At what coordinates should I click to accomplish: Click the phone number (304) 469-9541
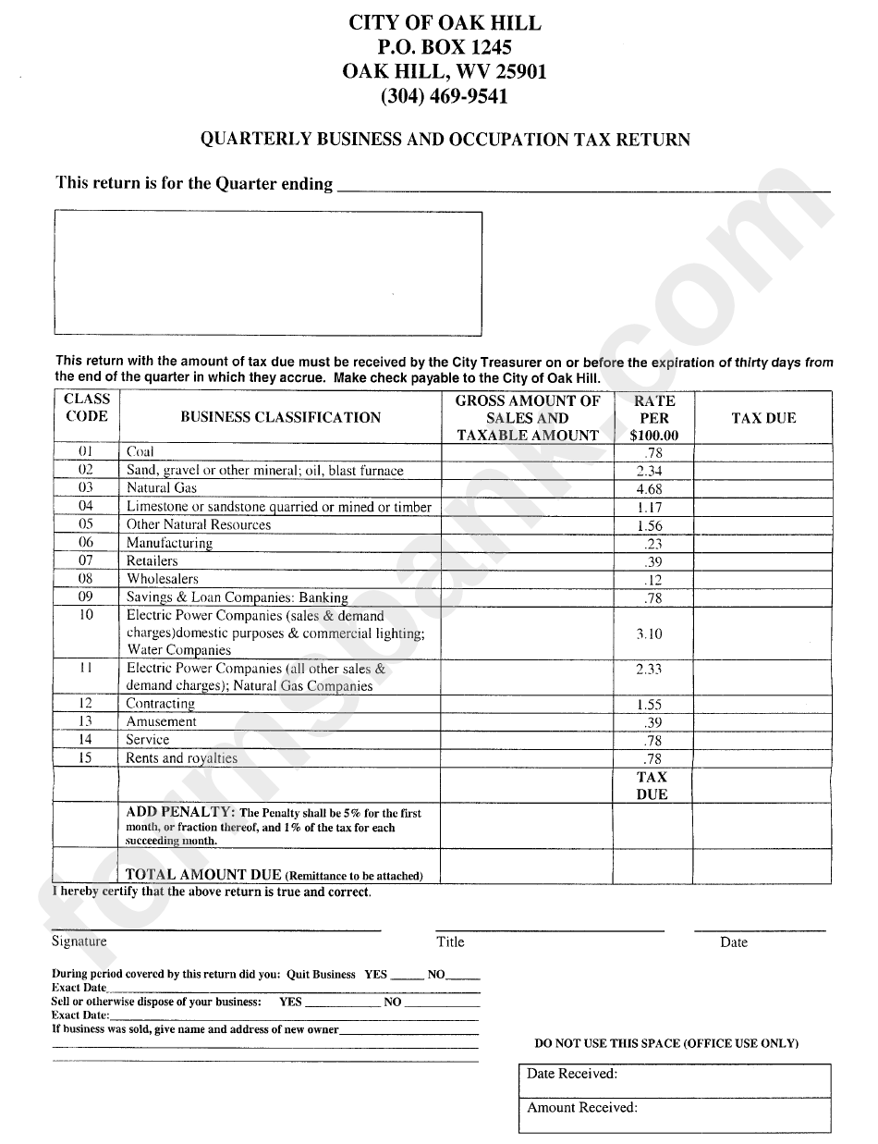click(444, 95)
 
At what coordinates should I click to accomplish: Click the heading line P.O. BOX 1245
click(444, 47)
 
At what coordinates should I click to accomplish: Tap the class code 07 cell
click(86, 560)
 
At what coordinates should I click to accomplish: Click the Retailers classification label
click(152, 561)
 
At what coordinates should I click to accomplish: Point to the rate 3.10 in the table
click(649, 634)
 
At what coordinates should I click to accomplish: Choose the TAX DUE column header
click(763, 418)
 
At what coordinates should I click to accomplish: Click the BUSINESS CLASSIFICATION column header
click(280, 418)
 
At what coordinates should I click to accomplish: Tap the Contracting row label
click(161, 704)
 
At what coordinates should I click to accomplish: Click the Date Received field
click(673, 1079)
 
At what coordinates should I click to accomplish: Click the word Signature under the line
click(79, 941)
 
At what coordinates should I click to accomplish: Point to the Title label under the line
click(450, 941)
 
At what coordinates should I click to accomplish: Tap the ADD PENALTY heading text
click(179, 811)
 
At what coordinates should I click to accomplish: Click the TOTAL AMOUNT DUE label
click(203, 874)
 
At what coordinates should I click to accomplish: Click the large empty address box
click(268, 272)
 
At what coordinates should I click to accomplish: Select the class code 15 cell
click(86, 758)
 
